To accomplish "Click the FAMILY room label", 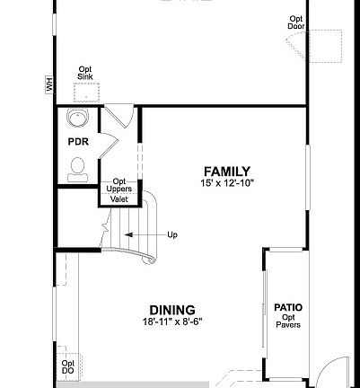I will pyautogui.click(x=226, y=172).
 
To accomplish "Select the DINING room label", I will pyautogui.click(x=171, y=311).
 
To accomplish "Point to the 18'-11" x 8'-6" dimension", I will pyautogui.click(x=171, y=322).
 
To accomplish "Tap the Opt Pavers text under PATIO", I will pyautogui.click(x=288, y=321).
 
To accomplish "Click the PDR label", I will pyautogui.click(x=77, y=142).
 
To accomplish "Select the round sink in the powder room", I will pyautogui.click(x=78, y=119).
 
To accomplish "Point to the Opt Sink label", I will pyautogui.click(x=85, y=74).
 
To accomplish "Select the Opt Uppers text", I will pyautogui.click(x=120, y=186).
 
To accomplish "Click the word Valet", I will pyautogui.click(x=119, y=199).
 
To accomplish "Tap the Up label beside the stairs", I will pyautogui.click(x=172, y=235).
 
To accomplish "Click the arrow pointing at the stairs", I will pyautogui.click(x=140, y=235).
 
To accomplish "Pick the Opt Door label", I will pyautogui.click(x=296, y=22).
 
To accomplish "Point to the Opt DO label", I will pyautogui.click(x=68, y=366).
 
